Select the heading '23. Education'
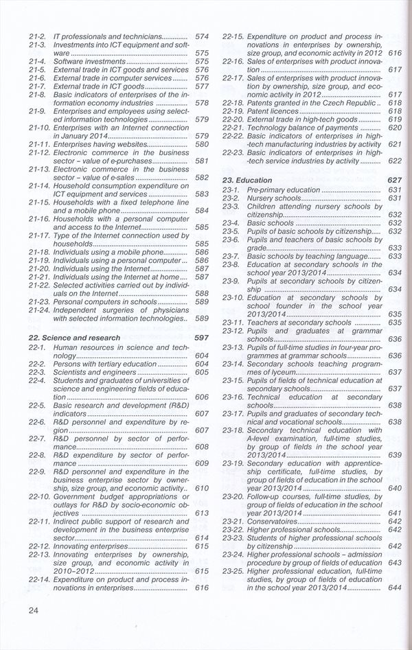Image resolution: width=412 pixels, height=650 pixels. [248, 180]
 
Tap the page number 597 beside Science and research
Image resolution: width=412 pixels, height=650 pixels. [201, 338]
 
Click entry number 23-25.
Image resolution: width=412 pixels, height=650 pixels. [234, 570]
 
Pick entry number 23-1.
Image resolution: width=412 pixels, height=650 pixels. [230, 189]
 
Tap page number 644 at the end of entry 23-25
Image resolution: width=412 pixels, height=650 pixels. [394, 588]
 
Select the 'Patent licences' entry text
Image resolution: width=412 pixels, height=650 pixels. [273, 111]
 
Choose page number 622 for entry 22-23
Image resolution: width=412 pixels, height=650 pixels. [394, 161]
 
